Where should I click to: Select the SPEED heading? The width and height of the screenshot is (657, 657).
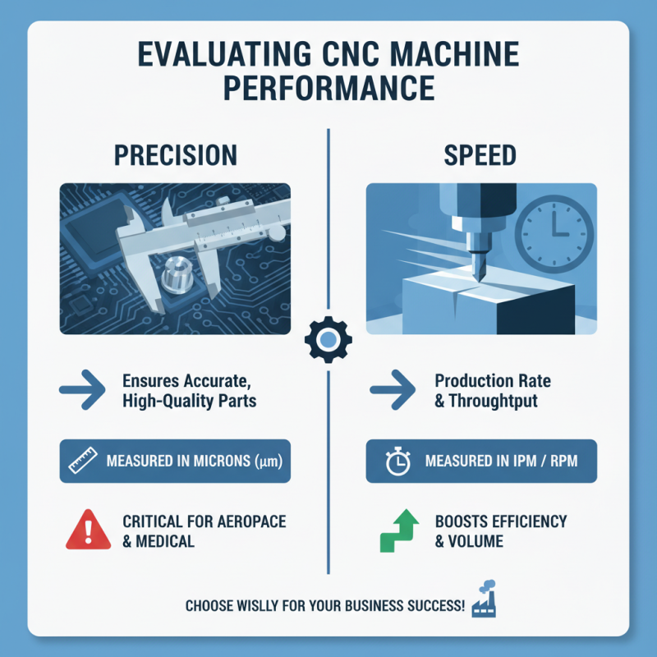click(481, 155)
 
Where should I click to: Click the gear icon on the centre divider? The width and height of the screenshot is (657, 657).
click(328, 339)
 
